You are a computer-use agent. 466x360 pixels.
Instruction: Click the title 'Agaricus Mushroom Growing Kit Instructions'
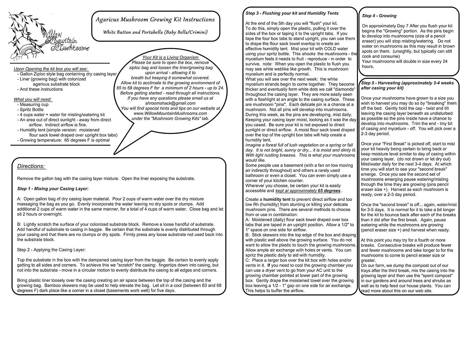coord(155,20)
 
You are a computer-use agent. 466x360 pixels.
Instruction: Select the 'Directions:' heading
coord(31,166)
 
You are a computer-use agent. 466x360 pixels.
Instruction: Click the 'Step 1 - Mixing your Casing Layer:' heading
coord(53,189)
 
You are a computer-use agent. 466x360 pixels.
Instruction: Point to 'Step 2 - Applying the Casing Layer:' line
coord(51,250)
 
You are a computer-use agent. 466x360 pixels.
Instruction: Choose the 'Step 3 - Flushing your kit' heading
coord(292,13)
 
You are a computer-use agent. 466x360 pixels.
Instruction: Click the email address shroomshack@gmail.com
coord(170,103)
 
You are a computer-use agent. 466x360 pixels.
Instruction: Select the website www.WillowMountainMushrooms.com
coord(170,113)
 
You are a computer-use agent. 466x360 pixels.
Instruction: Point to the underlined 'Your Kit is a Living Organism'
coord(171,57)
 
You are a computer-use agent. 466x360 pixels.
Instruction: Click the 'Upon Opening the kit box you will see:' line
coord(51,69)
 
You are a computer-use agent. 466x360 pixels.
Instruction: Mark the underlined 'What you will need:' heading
coord(33,99)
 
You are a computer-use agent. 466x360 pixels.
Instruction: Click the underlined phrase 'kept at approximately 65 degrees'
coord(308,191)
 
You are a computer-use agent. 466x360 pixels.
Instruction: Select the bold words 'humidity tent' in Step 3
coord(277,199)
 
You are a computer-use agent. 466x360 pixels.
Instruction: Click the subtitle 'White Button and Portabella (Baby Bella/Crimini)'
coord(155,32)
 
